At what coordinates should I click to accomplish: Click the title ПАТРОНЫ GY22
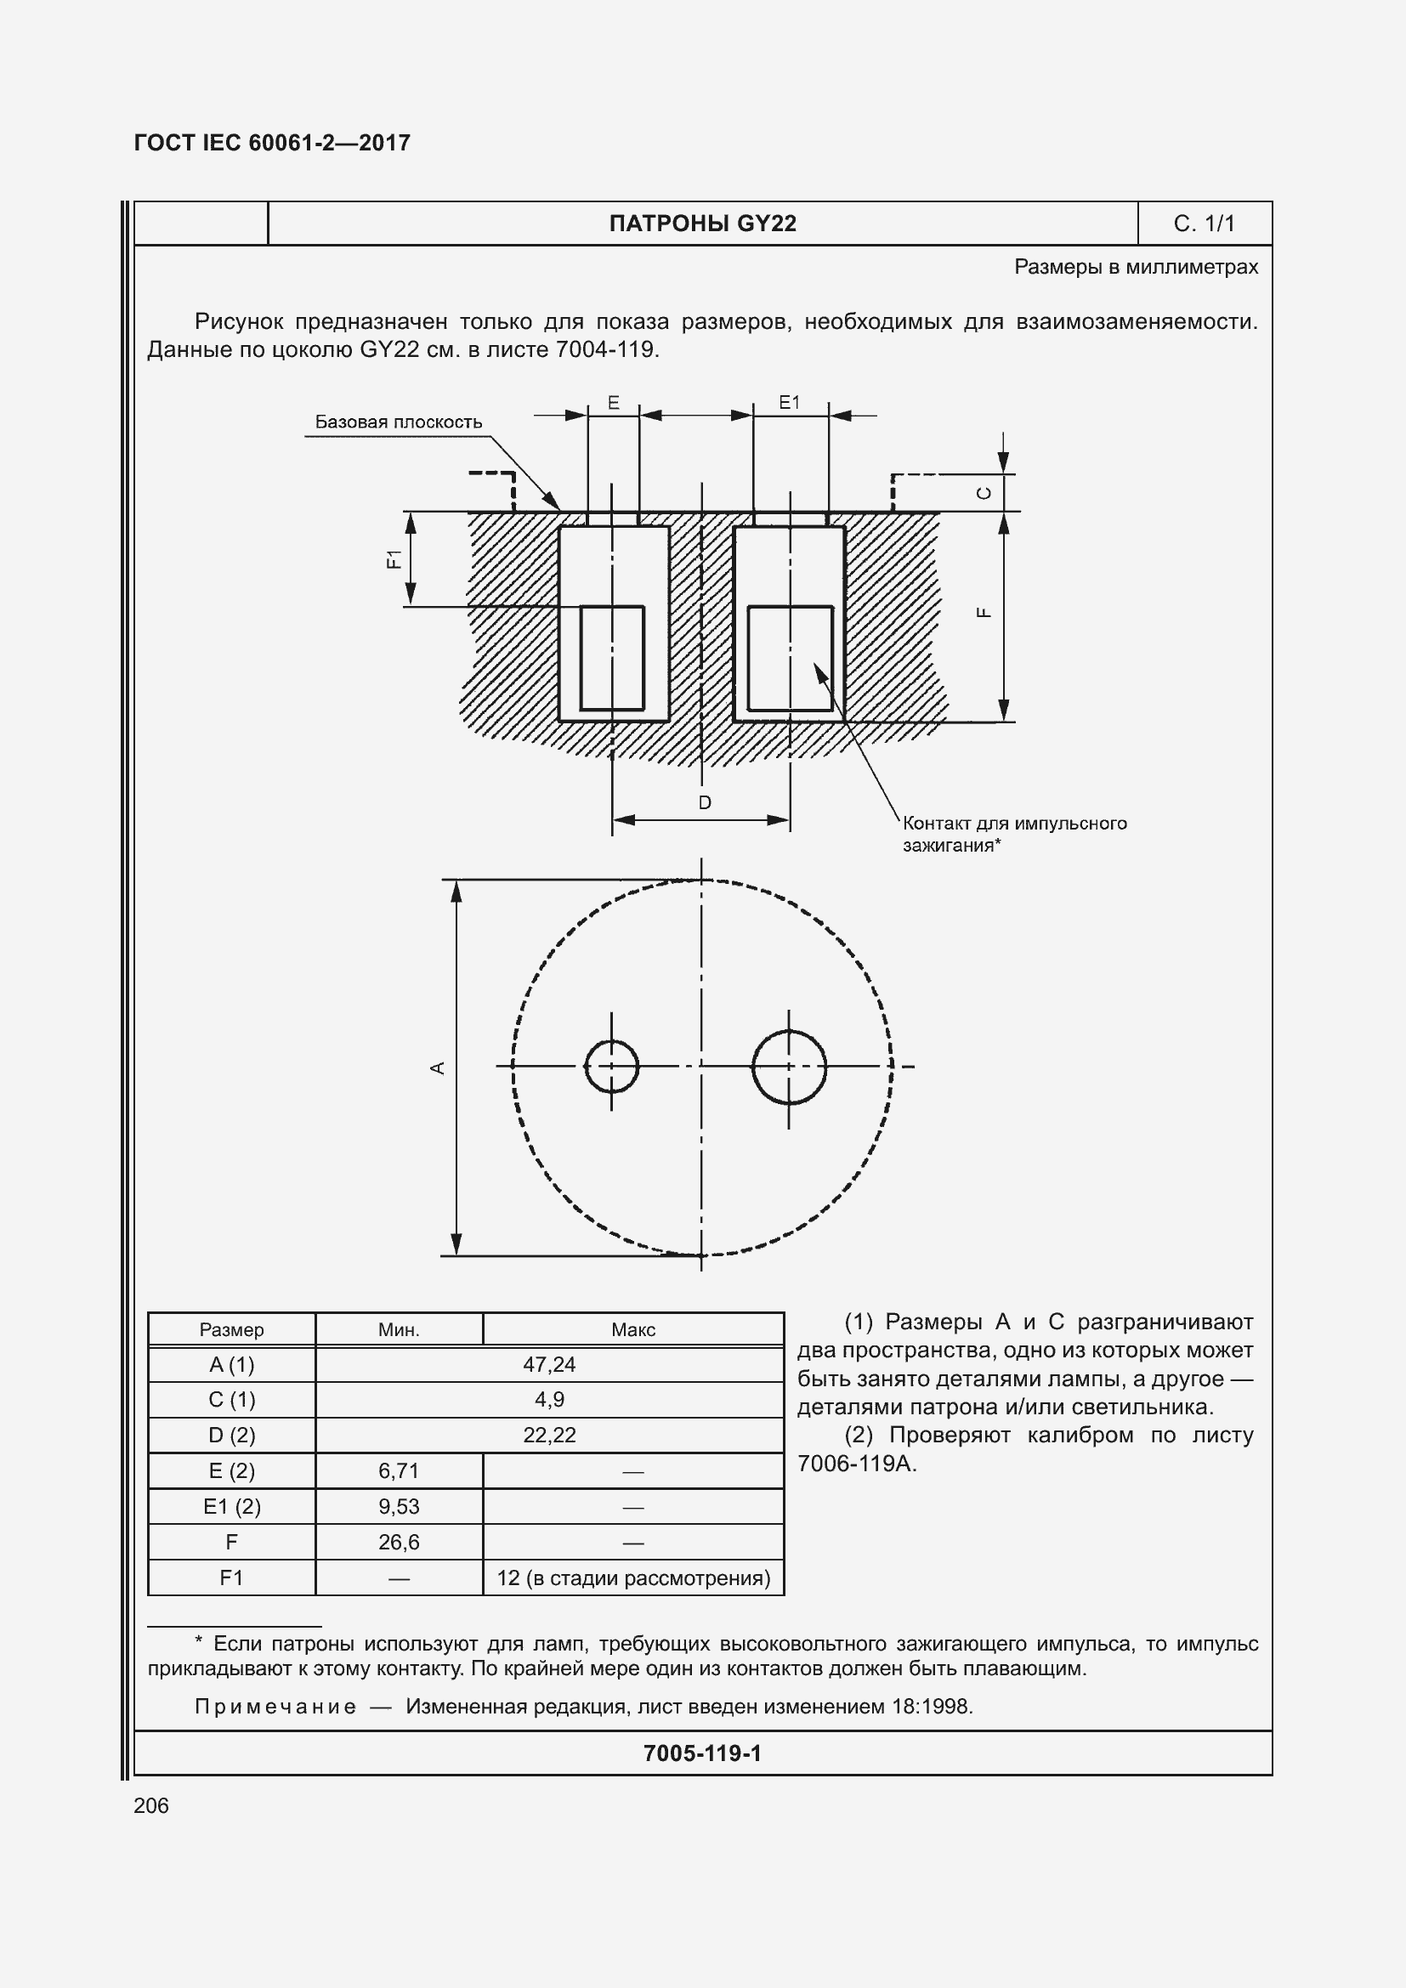(x=702, y=224)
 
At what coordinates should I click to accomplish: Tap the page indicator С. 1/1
(x=1204, y=224)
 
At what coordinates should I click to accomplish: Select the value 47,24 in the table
(x=549, y=1365)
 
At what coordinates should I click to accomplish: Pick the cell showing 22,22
(x=549, y=1435)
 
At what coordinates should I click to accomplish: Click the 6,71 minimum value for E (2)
(x=398, y=1470)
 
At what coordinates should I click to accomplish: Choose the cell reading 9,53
(x=398, y=1506)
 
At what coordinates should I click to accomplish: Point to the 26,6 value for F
(x=398, y=1541)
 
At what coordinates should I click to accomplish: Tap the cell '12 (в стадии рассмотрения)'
(x=633, y=1577)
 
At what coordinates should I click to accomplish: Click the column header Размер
(x=231, y=1330)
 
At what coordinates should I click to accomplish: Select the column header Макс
(x=633, y=1330)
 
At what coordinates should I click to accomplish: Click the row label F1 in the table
(x=231, y=1577)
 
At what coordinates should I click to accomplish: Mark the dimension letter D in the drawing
(x=705, y=802)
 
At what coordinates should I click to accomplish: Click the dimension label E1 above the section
(x=789, y=402)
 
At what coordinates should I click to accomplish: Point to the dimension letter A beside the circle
(x=438, y=1068)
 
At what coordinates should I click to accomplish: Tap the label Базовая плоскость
(x=398, y=422)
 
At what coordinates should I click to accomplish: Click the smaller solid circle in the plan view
(x=611, y=1066)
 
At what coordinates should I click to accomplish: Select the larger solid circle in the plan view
(x=789, y=1067)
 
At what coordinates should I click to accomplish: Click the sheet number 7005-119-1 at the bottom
(x=702, y=1753)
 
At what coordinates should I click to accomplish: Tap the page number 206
(x=151, y=1805)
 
